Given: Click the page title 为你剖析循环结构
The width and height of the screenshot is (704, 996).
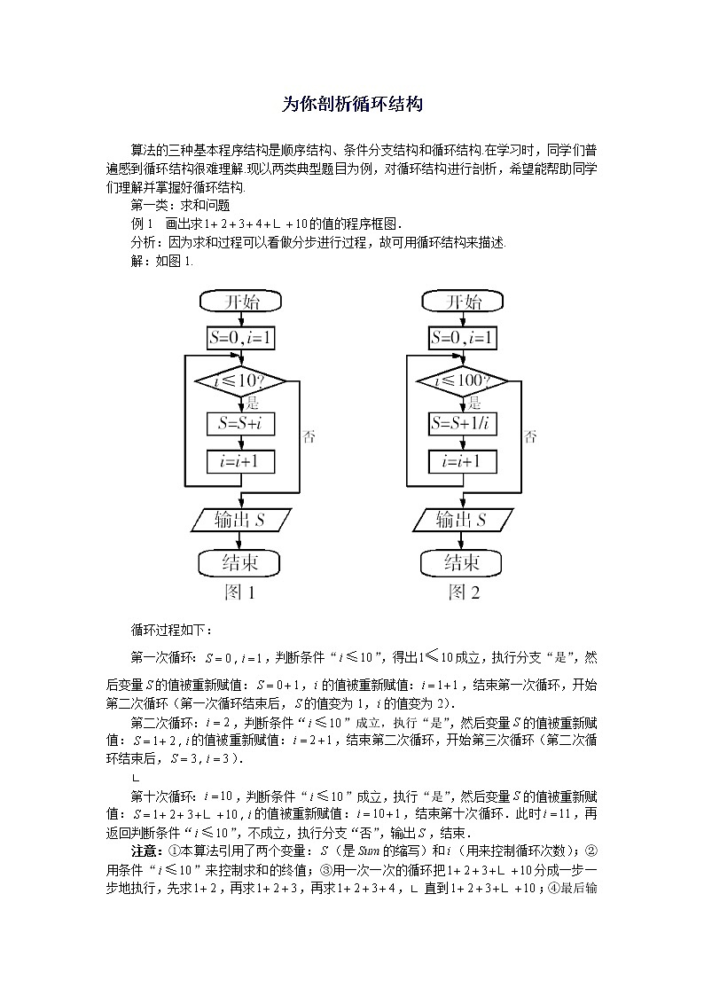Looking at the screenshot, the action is pyautogui.click(x=351, y=104).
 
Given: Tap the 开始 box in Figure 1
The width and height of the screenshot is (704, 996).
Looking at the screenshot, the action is pyautogui.click(x=240, y=302).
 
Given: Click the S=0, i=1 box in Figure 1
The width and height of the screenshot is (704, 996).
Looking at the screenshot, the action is pyautogui.click(x=240, y=338).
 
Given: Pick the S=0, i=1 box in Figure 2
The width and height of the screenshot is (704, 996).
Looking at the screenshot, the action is pyautogui.click(x=462, y=338).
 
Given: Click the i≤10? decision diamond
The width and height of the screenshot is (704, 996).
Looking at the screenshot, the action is pyautogui.click(x=240, y=381).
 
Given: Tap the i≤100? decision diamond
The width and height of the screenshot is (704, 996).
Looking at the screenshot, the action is pyautogui.click(x=462, y=381).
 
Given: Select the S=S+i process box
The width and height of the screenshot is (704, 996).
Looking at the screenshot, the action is pyautogui.click(x=240, y=424).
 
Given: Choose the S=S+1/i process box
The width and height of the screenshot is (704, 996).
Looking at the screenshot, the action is pyautogui.click(x=462, y=424).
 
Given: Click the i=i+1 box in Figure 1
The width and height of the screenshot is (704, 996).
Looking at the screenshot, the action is pyautogui.click(x=240, y=461).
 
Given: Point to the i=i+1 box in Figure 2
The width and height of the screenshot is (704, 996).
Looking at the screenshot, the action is pyautogui.click(x=462, y=461).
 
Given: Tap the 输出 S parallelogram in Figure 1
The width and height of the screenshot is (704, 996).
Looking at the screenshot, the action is pyautogui.click(x=240, y=520).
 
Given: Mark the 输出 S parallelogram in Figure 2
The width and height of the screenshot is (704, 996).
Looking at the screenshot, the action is pyautogui.click(x=462, y=520).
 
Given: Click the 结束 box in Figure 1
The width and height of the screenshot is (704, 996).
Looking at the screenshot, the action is pyautogui.click(x=240, y=562).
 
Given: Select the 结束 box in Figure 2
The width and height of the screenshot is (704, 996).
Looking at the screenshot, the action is pyautogui.click(x=462, y=562).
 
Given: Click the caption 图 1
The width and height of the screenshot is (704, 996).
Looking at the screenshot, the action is pyautogui.click(x=240, y=592).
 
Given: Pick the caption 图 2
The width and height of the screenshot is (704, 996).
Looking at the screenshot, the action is pyautogui.click(x=463, y=592).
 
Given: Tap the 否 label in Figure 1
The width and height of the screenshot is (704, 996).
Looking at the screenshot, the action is pyautogui.click(x=309, y=436).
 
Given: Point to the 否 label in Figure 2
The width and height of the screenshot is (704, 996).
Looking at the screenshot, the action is pyautogui.click(x=530, y=436).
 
